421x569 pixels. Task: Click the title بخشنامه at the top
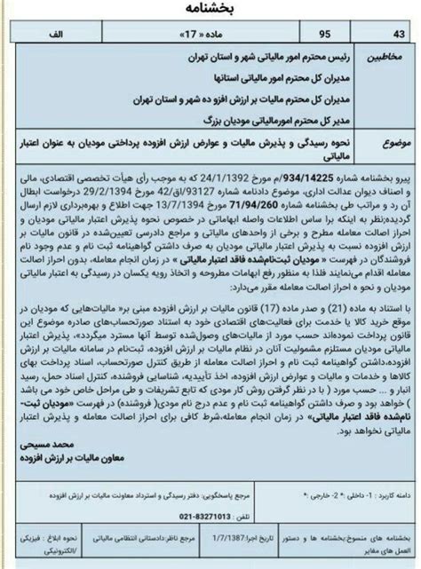click(x=210, y=11)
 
